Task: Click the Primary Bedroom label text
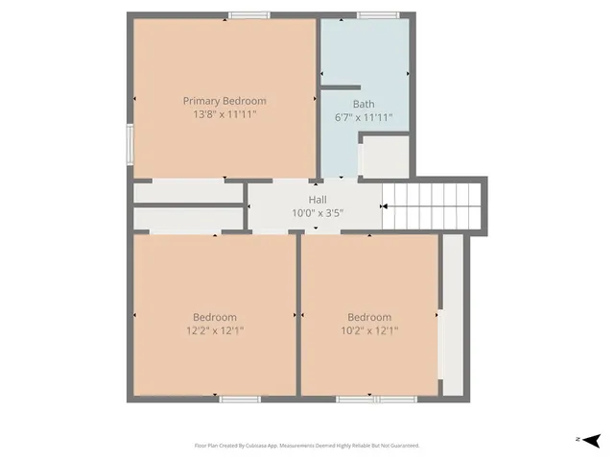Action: coord(224,101)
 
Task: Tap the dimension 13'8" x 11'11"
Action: coord(224,114)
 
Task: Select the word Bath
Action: coord(364,104)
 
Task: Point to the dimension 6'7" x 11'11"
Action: coord(364,117)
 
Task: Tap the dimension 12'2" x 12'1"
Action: coord(214,330)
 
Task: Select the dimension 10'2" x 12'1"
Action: coord(369,330)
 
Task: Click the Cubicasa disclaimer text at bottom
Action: coord(307,446)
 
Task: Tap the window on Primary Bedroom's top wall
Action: coord(248,14)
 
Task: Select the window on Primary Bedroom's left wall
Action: coord(130,145)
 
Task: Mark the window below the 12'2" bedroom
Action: coord(240,399)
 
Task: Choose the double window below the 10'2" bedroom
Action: coord(374,399)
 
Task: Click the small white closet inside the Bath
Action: coord(386,157)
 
